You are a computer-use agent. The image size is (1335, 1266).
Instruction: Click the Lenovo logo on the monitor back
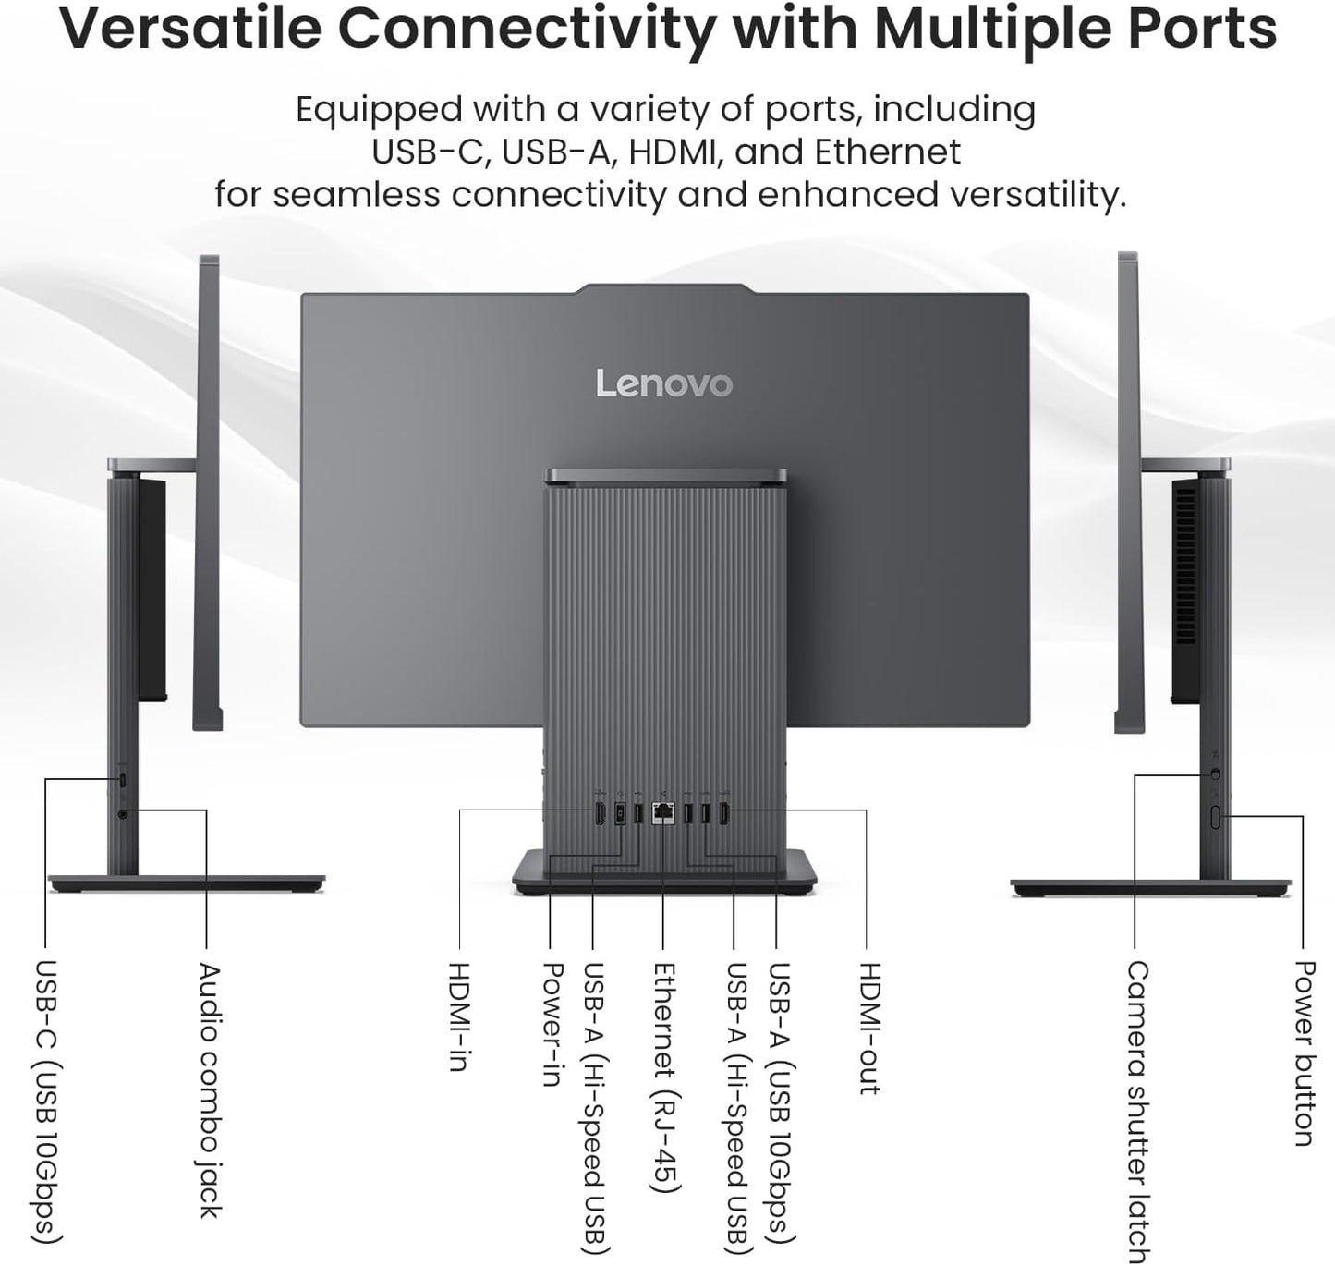[x=663, y=383]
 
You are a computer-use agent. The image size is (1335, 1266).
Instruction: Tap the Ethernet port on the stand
[x=662, y=814]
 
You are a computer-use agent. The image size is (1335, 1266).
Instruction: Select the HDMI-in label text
[x=458, y=1016]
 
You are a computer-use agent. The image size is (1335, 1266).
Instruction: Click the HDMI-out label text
[x=868, y=1028]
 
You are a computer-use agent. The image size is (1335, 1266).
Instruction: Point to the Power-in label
[x=552, y=1023]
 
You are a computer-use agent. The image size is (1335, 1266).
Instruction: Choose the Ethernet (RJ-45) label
[x=665, y=1077]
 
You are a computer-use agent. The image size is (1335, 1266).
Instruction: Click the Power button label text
[x=1303, y=1053]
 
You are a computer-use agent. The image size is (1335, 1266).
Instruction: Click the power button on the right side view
[x=1216, y=816]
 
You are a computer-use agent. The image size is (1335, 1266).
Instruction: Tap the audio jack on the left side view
[x=124, y=814]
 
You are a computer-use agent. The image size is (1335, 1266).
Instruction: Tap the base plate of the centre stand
[x=665, y=873]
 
